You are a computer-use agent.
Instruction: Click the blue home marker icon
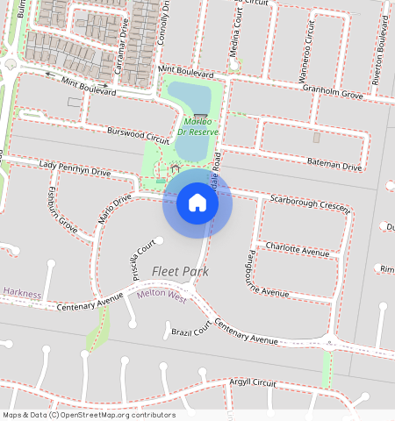click(x=197, y=203)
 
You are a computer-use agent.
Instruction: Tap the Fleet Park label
click(x=180, y=272)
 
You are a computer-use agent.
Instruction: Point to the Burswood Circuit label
click(x=137, y=136)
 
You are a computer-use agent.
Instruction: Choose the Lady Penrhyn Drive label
click(x=75, y=168)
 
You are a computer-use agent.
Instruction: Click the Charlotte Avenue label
click(x=297, y=249)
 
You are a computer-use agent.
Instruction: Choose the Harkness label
click(x=21, y=293)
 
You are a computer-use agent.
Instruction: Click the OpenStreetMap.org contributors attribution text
click(x=118, y=415)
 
